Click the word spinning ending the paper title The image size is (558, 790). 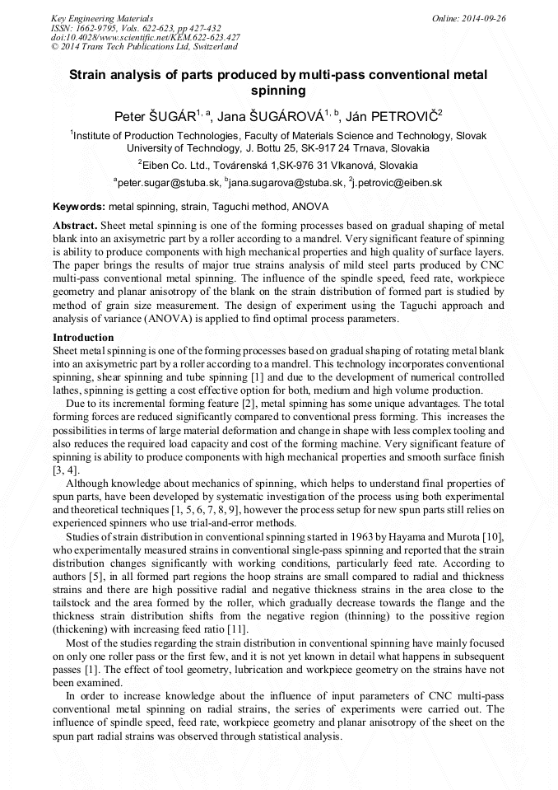[278, 91]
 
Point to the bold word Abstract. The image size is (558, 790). [76, 225]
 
